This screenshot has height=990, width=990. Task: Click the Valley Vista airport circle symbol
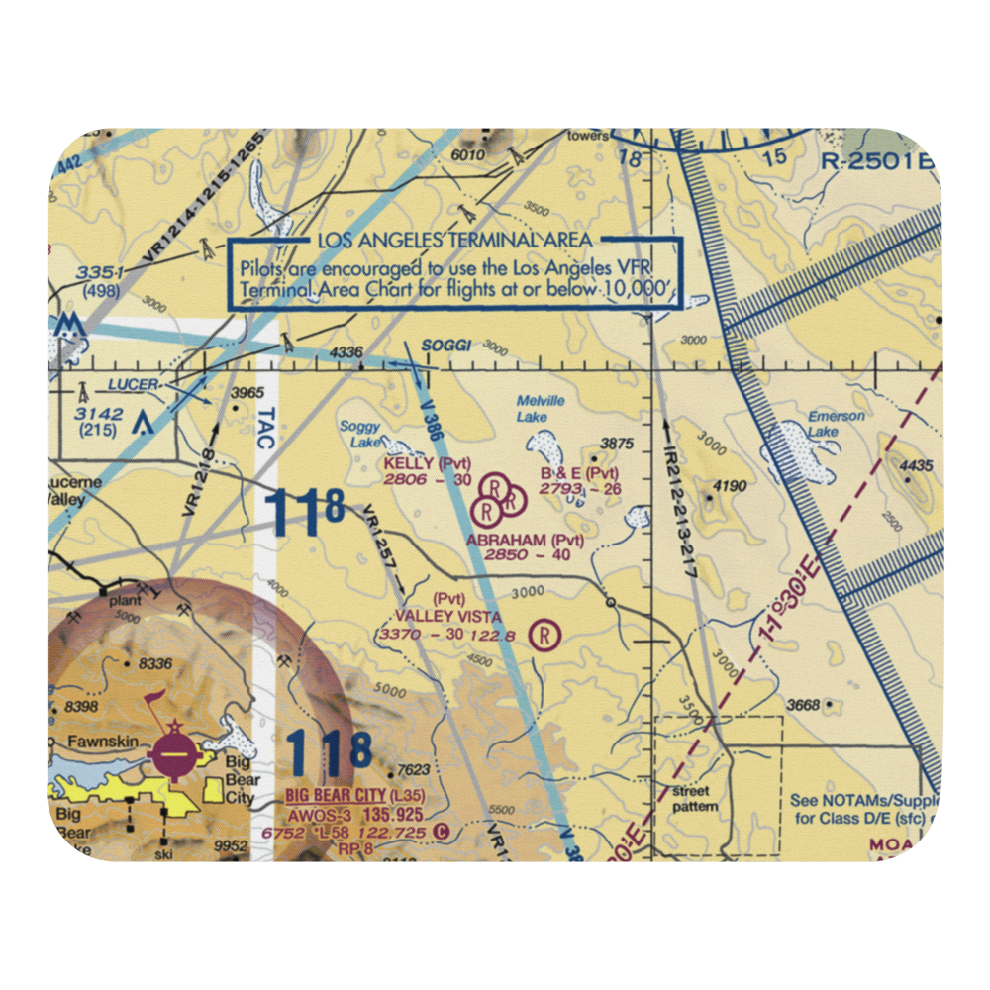click(x=544, y=635)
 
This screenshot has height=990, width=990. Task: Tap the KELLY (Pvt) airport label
click(x=427, y=463)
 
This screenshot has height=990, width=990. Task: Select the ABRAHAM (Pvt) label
click(x=525, y=540)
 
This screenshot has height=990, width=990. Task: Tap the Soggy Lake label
click(x=360, y=435)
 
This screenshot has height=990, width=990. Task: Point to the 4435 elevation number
click(x=917, y=466)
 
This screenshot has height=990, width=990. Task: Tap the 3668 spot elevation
click(x=802, y=705)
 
